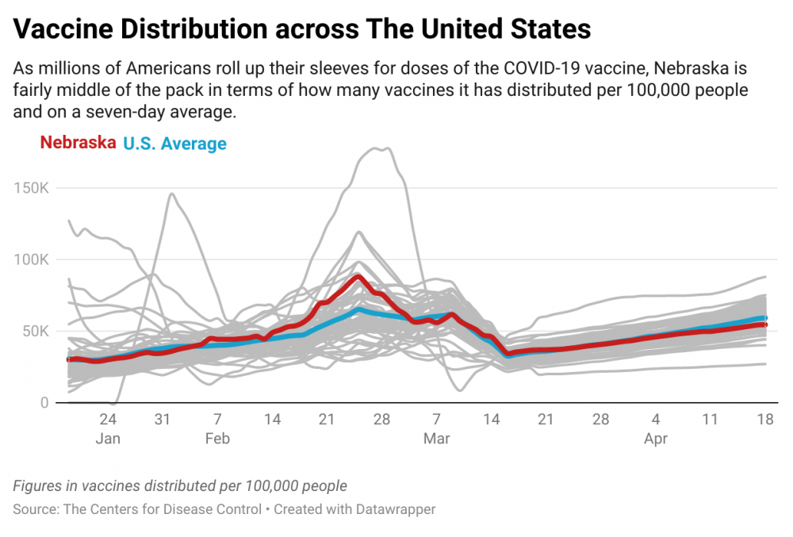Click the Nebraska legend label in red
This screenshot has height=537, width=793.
pos(78,143)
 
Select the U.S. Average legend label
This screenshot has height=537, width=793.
pos(175,144)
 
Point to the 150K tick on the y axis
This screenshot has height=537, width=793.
pos(32,188)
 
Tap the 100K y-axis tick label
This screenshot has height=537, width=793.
pos(32,260)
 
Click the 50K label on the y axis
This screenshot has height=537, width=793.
pos(36,332)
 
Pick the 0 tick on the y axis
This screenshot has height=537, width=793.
pos(44,403)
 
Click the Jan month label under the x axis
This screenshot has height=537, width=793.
pos(108,439)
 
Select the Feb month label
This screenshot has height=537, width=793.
pos(217,439)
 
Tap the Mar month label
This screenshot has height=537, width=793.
pos(436,439)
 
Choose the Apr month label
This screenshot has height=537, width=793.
pos(656,439)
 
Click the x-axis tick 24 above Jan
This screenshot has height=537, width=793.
pos(108,419)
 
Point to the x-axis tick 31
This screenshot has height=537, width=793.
pos(163,419)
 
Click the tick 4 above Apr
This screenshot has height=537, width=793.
pos(656,419)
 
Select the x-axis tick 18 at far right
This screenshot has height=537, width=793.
pos(765,419)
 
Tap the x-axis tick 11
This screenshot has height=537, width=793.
pos(710,419)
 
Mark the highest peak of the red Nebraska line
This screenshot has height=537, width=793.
pos(358,277)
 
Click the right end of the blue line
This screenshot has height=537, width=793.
pos(765,318)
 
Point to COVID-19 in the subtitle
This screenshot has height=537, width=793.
pos(541,68)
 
